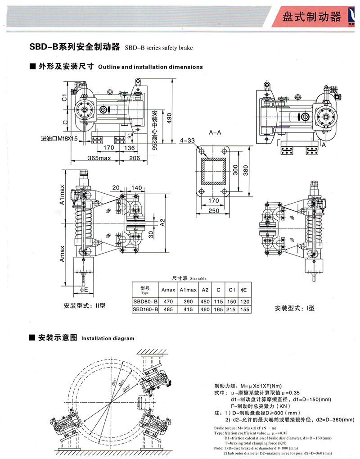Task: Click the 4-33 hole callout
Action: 188,141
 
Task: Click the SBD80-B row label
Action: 144,301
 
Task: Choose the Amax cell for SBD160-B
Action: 168,309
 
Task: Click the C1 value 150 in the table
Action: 232,301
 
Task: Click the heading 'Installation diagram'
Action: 108,338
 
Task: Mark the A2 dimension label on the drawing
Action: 162,222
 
